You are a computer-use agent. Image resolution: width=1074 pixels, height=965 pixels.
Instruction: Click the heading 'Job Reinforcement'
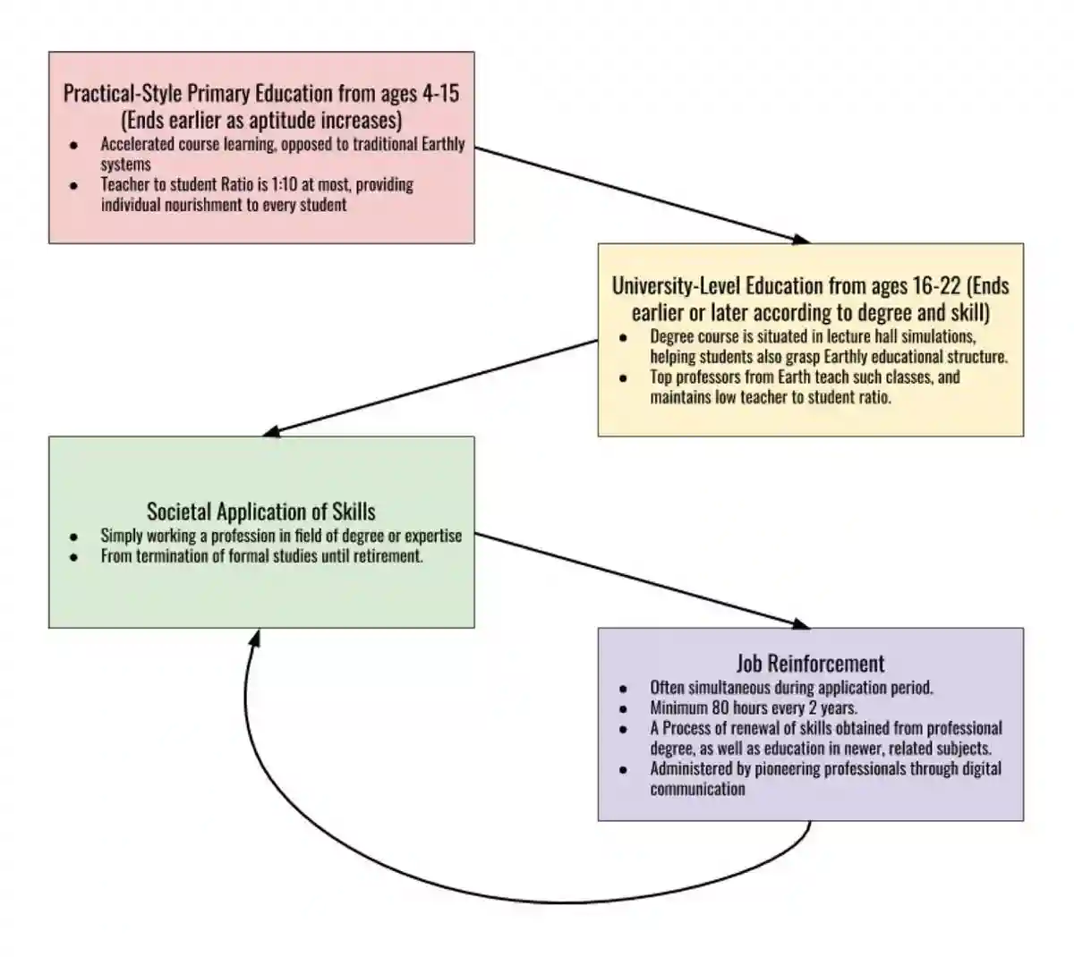tap(810, 664)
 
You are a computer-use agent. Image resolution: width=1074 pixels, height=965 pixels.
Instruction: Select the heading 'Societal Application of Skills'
tap(261, 512)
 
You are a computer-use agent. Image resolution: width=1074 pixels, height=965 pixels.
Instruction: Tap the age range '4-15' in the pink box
tap(440, 94)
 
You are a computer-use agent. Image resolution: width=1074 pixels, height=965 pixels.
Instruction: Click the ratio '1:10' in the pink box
tap(286, 185)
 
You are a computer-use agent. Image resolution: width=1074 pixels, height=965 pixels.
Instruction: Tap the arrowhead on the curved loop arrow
tap(255, 638)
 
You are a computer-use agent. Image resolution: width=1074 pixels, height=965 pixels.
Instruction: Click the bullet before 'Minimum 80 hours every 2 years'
tap(623, 708)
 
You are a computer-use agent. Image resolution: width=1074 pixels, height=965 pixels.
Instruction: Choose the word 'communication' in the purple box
tap(697, 790)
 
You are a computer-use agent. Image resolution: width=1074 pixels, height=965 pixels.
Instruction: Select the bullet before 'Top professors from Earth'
tap(623, 377)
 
